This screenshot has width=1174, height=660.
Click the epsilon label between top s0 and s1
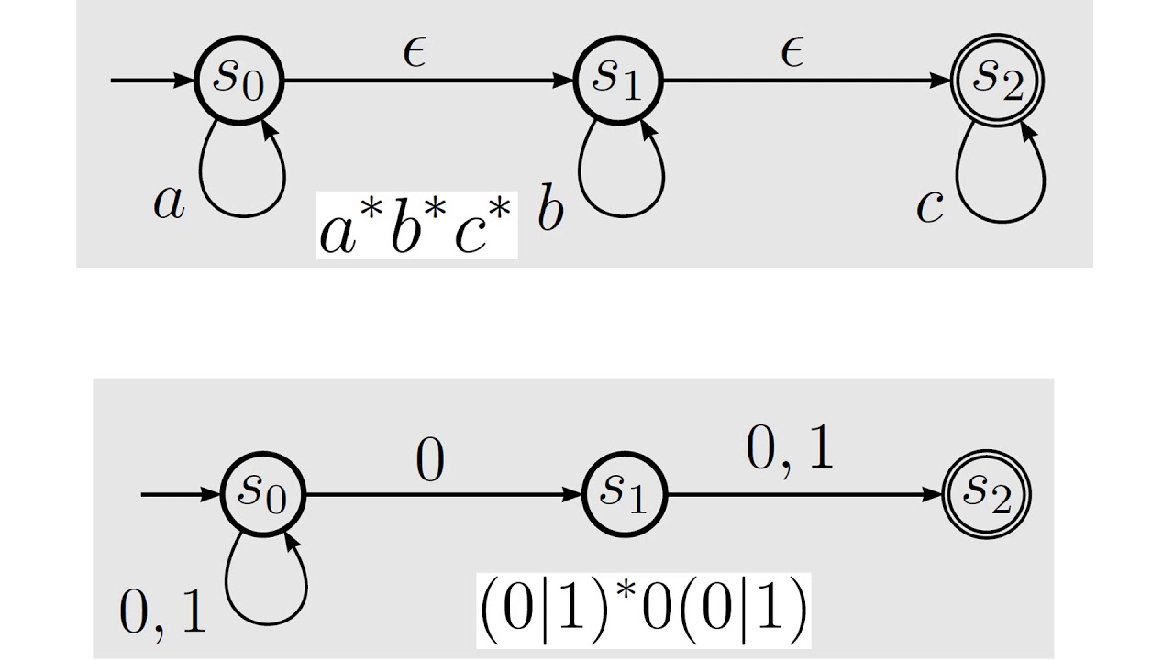point(415,52)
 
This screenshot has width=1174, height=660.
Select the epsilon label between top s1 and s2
point(792,52)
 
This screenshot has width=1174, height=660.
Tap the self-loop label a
point(169,203)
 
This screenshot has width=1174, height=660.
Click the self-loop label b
point(550,207)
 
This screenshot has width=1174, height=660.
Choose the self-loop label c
point(930,206)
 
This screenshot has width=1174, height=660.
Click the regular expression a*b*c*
point(416,225)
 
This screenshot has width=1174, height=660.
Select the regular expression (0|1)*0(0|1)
point(644,610)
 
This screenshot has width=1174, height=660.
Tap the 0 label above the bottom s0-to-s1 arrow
point(430,460)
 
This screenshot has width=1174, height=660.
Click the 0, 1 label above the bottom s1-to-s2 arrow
point(790,449)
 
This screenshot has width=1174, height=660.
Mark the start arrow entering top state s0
point(152,81)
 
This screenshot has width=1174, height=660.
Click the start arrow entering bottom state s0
point(181,494)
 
